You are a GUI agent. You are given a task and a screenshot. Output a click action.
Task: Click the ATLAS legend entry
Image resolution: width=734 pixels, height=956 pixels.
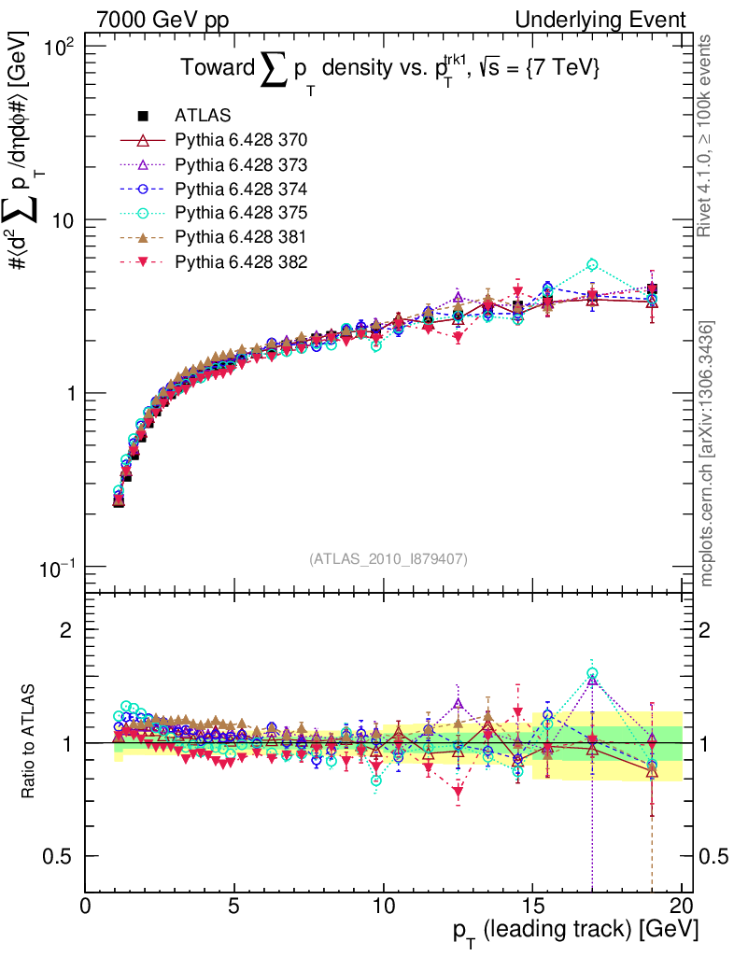point(203,116)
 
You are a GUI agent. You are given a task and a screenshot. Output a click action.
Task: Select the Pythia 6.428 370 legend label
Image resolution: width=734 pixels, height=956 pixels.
point(241,140)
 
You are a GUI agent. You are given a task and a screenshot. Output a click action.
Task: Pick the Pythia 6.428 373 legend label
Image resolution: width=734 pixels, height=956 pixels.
point(241,164)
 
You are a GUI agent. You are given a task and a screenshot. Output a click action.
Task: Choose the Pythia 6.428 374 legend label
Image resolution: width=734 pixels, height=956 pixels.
point(241,189)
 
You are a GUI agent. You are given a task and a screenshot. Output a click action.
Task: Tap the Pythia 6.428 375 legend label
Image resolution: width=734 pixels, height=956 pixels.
point(241,213)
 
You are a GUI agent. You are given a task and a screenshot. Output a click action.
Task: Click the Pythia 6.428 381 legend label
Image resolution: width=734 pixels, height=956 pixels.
point(241,237)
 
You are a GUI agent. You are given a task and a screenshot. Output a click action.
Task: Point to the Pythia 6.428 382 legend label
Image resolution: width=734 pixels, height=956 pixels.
point(241,261)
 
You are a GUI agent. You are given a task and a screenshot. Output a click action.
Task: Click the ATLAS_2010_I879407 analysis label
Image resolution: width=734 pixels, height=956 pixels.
point(388,558)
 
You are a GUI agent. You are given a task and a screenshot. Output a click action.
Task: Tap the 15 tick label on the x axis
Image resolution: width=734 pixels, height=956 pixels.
point(532,907)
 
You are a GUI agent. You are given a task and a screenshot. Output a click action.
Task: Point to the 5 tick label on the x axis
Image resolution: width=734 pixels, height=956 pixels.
point(234,907)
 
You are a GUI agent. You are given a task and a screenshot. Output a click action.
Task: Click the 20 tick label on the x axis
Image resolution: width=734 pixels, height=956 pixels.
point(682,907)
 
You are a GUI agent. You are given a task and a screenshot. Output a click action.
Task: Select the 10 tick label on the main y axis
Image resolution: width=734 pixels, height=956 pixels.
point(66,219)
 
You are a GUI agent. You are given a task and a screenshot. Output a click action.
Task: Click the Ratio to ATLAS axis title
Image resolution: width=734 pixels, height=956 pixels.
point(29,742)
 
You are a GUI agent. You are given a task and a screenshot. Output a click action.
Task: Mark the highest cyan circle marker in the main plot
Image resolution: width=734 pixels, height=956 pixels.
point(592,266)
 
